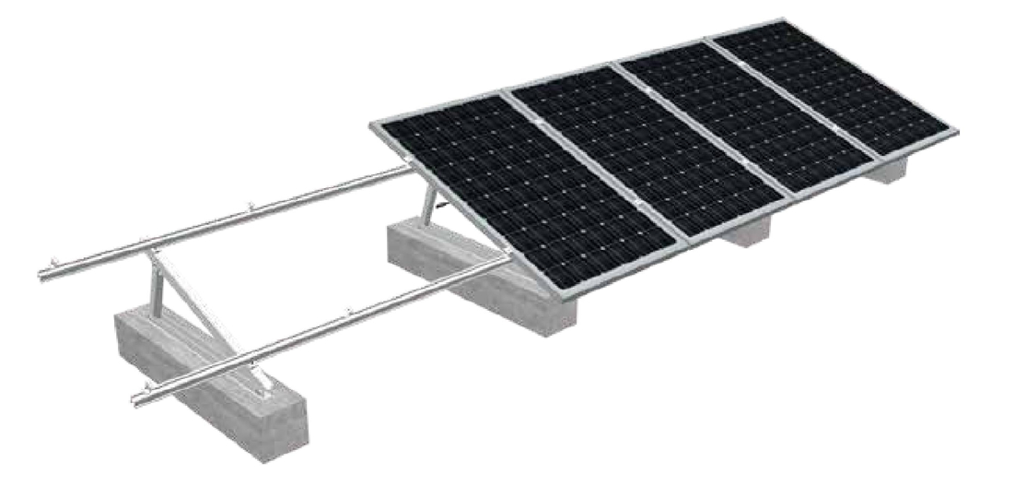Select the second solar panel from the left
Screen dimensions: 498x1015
[x=645, y=148]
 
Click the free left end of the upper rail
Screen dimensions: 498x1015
[x=43, y=274]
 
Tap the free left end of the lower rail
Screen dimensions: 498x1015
[x=138, y=398]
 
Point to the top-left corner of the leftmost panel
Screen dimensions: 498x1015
[x=372, y=124]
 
